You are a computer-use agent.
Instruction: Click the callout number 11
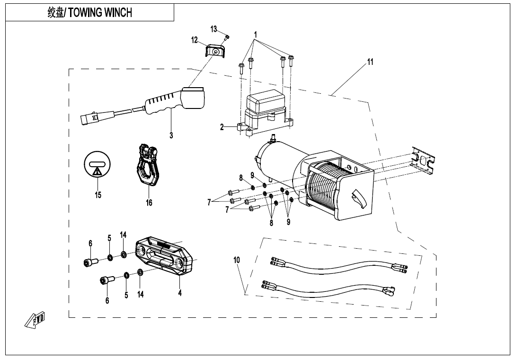point(370,62)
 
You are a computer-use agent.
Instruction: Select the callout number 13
point(214,29)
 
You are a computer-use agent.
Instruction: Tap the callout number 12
point(195,40)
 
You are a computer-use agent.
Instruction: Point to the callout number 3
point(171,135)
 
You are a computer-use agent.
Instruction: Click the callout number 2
point(222,127)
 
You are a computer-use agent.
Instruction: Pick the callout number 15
point(98,195)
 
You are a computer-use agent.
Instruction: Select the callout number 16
point(149,203)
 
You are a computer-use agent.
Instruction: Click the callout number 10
point(237,260)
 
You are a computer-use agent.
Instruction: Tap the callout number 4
point(180,293)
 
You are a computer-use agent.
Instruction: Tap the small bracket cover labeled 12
point(215,51)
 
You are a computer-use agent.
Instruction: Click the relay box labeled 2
point(267,111)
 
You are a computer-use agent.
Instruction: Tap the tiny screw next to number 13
point(227,36)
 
